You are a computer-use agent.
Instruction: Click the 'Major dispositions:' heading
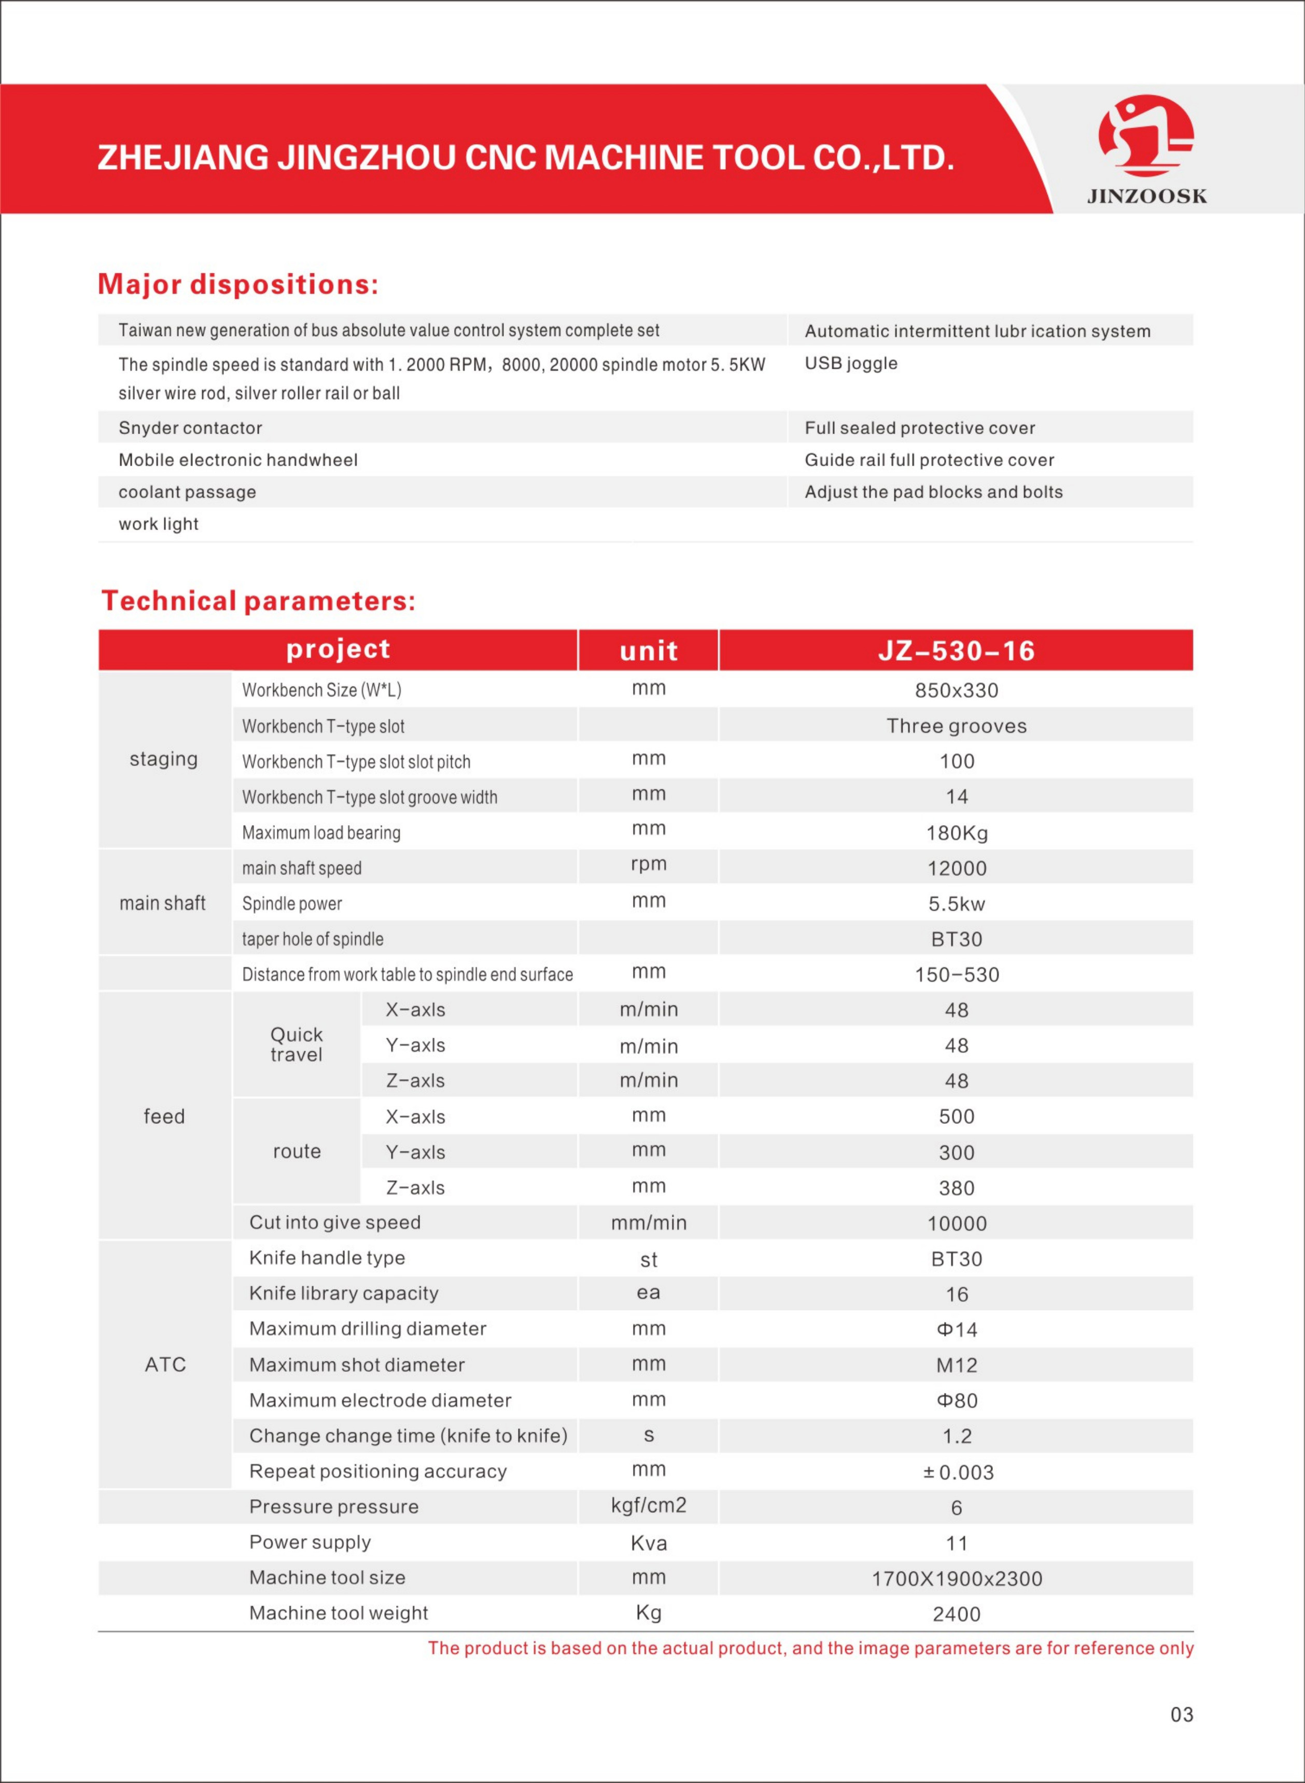click(x=238, y=284)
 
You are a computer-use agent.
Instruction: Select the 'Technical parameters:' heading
click(x=258, y=601)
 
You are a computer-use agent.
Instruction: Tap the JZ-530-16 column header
click(x=956, y=651)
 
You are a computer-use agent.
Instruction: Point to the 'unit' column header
click(x=649, y=651)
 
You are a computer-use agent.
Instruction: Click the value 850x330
click(x=956, y=690)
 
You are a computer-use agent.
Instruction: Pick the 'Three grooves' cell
click(x=956, y=726)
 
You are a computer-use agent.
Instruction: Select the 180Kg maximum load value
click(x=956, y=833)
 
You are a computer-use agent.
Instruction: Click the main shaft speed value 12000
click(x=956, y=868)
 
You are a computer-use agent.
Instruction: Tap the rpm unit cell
click(x=649, y=864)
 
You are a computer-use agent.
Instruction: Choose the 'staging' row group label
click(x=163, y=759)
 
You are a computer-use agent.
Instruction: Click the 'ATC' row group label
click(x=165, y=1364)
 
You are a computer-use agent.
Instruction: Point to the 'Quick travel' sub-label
click(x=296, y=1044)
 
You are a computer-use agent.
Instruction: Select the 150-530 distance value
click(x=956, y=975)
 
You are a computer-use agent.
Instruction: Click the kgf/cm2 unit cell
click(x=649, y=1506)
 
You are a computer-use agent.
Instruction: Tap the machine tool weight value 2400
click(x=956, y=1614)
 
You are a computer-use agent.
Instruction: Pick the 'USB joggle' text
click(x=851, y=364)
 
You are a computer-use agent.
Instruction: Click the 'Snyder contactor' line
click(x=190, y=428)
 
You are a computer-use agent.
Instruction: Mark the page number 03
click(x=1181, y=1714)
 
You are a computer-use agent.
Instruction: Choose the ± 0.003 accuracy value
click(x=958, y=1472)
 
